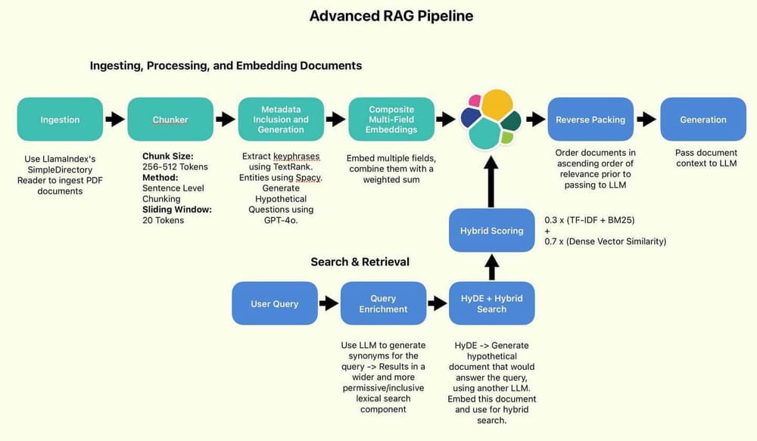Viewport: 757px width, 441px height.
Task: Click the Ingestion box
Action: click(60, 120)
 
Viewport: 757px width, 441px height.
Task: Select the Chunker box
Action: click(170, 120)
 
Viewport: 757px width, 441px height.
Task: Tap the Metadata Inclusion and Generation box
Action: click(281, 120)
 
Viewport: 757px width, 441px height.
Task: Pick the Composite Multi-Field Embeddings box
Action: click(391, 120)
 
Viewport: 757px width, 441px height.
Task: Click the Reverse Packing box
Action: click(590, 120)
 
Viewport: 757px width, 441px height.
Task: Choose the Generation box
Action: click(703, 120)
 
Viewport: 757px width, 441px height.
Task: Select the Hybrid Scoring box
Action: click(491, 231)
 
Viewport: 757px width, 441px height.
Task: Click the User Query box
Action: click(274, 303)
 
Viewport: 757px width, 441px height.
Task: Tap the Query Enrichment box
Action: click(384, 303)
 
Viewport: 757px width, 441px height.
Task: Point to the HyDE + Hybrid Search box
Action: click(491, 303)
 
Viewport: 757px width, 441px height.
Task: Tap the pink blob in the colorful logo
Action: click(475, 101)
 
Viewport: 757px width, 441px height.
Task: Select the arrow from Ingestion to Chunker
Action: click(115, 120)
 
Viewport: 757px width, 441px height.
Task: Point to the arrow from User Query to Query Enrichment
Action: click(329, 303)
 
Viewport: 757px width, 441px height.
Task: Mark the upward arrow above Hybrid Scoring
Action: click(491, 180)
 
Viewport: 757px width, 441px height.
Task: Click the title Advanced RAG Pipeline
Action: click(391, 16)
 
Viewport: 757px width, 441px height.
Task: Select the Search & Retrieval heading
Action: click(360, 262)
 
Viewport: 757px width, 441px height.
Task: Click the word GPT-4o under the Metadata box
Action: click(280, 220)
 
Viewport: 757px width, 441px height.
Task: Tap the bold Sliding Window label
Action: click(176, 209)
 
